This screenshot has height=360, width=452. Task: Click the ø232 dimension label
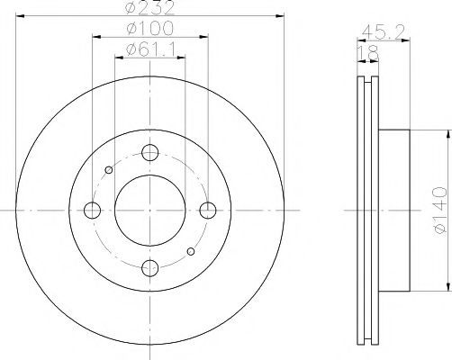tap(149, 7)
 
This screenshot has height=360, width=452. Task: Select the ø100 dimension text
tap(149, 28)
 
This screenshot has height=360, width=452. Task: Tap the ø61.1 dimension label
tap(150, 49)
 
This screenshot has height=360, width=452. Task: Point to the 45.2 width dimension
tap(384, 31)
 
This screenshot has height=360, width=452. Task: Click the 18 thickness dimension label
tap(368, 52)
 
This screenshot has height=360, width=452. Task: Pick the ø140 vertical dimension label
tap(440, 211)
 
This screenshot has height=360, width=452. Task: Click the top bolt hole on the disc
tap(149, 152)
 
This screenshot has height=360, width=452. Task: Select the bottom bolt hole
tap(149, 267)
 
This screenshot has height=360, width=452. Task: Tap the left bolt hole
tap(92, 211)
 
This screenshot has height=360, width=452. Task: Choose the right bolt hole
tap(208, 211)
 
